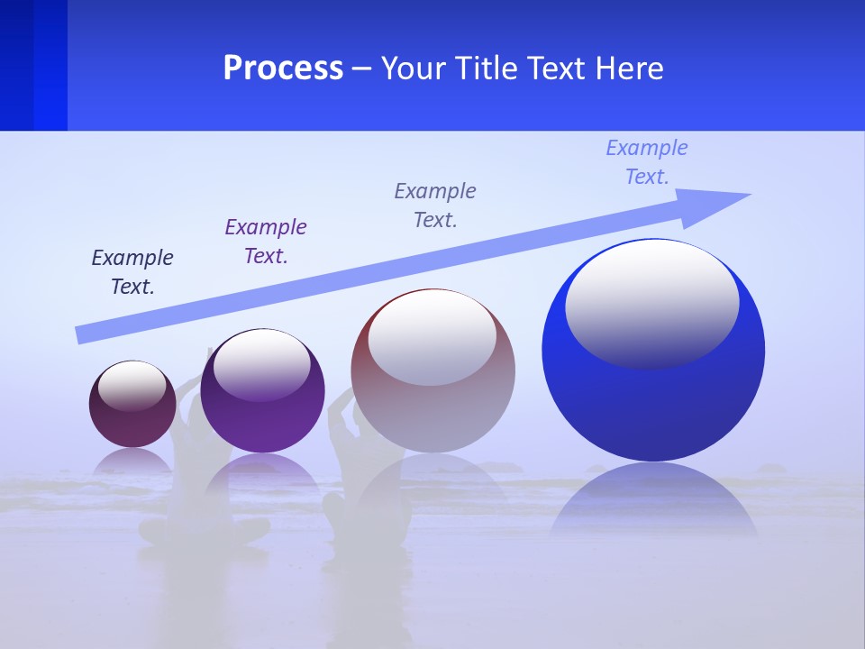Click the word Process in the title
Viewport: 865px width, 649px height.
click(283, 69)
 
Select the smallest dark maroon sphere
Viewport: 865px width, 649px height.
click(132, 424)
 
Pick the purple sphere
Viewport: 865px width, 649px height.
click(262, 415)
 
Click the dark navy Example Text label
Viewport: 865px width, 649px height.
click(132, 271)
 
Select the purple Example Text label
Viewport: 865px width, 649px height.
click(266, 241)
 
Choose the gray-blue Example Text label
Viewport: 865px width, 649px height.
click(435, 205)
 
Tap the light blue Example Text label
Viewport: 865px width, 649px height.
click(647, 161)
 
